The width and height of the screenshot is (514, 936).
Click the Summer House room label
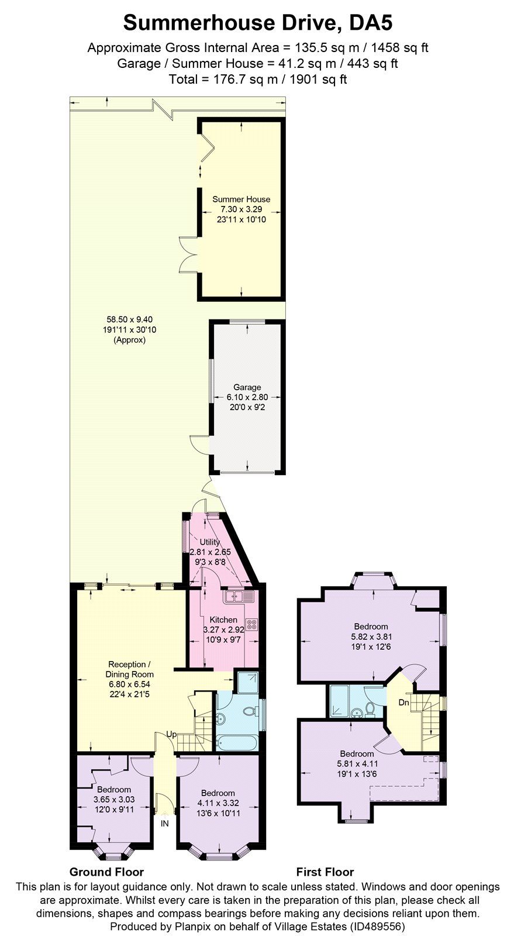point(241,199)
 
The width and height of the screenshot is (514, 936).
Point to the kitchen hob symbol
point(253,624)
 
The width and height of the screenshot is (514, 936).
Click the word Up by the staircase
point(171,734)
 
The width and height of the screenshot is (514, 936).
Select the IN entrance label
point(165,823)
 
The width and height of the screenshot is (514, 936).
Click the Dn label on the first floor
point(404,702)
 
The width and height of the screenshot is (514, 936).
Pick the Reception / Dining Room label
point(130,669)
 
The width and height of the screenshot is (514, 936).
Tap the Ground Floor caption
point(106,872)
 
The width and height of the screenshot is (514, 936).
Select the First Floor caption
point(325,872)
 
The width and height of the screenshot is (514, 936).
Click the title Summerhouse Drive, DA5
point(257,23)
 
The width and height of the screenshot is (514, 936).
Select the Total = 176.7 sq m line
point(257,79)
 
